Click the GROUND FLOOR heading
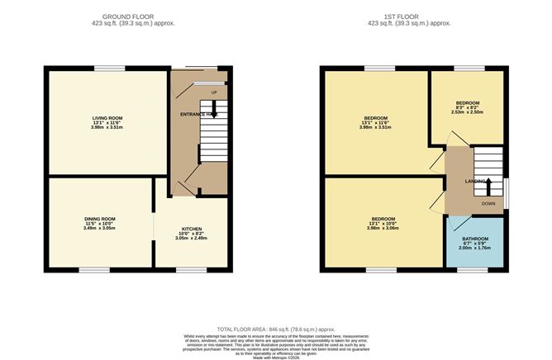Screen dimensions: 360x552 138,16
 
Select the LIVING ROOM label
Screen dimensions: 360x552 107,118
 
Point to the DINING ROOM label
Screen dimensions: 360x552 100,219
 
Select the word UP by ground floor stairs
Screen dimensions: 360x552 213,92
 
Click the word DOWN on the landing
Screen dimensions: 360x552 488,203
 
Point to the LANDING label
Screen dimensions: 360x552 476,180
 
